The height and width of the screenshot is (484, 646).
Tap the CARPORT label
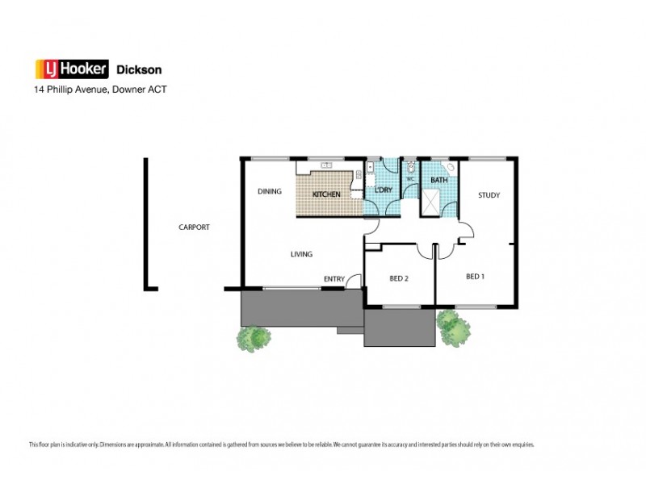[x=194, y=227]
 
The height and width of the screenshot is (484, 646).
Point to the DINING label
[x=269, y=192]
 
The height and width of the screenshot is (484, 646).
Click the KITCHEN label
[x=326, y=194]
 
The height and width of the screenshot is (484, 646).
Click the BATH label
[x=438, y=180]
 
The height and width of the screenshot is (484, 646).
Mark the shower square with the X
[x=434, y=202]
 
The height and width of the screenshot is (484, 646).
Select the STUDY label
[x=489, y=195]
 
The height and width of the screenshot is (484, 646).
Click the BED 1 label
[x=476, y=277]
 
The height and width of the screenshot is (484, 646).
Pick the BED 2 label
[x=399, y=278]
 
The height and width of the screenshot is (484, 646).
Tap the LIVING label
[x=301, y=255]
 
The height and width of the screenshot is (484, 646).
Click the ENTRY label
[x=333, y=279]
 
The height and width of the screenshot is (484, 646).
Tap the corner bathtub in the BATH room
[x=450, y=167]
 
